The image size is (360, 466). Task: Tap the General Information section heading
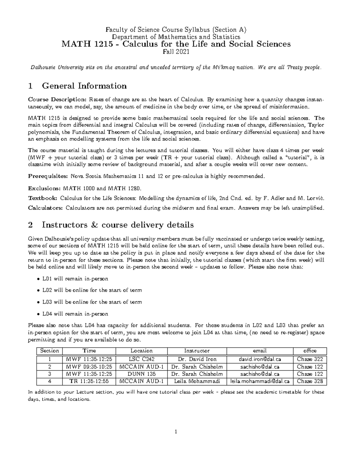(84, 86)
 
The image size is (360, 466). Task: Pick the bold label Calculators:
(45, 208)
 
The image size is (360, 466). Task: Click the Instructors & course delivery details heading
(118, 225)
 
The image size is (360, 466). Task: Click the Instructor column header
(197, 350)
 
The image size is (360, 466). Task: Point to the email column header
(260, 350)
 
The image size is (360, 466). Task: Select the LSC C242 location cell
(142, 359)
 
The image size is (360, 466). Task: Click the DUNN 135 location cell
(142, 374)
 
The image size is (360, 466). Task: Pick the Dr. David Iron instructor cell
(197, 359)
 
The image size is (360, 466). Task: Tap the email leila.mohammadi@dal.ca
(260, 381)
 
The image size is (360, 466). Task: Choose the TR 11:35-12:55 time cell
(89, 381)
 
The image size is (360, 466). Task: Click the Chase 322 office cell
(310, 359)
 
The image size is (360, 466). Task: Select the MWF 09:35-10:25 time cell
(89, 367)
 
